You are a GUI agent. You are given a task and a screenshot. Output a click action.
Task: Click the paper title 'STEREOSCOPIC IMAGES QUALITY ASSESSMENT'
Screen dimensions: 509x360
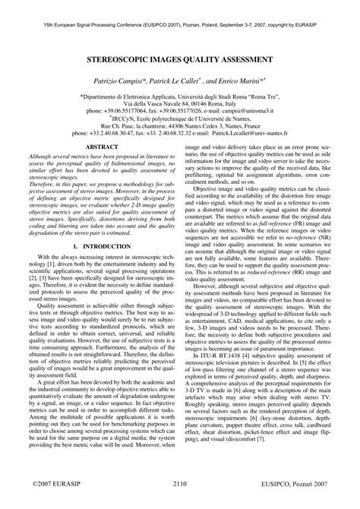(180, 58)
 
